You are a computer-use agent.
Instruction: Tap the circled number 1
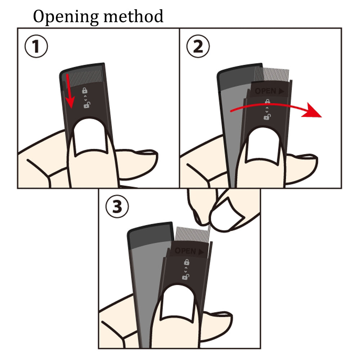(36, 46)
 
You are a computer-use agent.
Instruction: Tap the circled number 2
(198, 46)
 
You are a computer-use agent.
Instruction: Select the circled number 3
(117, 206)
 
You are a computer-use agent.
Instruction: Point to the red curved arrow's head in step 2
(312, 110)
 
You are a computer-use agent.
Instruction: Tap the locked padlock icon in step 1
(85, 90)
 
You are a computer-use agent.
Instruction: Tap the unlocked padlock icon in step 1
(87, 105)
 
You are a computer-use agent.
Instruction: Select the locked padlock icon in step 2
(267, 101)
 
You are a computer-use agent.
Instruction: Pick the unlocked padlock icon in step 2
(267, 117)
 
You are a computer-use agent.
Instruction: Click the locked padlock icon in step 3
(186, 262)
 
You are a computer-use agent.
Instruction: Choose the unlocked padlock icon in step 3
(186, 276)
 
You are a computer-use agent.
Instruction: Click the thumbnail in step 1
(90, 137)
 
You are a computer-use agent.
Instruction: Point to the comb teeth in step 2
(272, 74)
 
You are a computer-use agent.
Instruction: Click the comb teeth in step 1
(86, 77)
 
